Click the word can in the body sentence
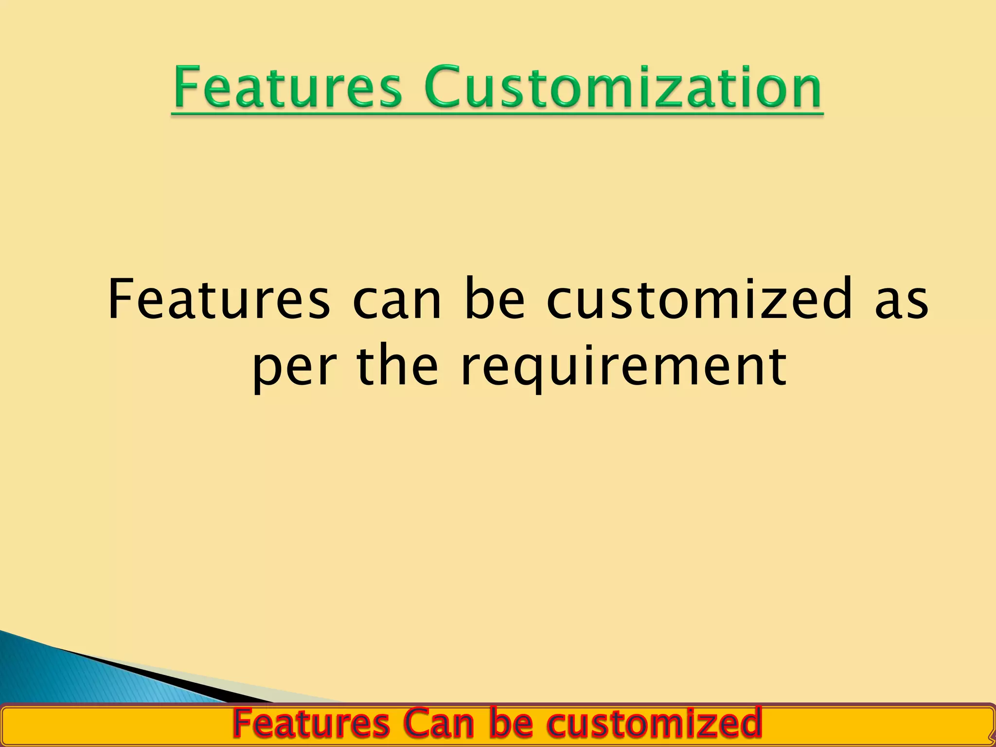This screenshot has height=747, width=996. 396,299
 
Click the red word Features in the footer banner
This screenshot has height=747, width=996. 311,724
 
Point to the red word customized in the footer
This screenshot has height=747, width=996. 654,724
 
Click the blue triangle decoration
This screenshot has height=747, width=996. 73,676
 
